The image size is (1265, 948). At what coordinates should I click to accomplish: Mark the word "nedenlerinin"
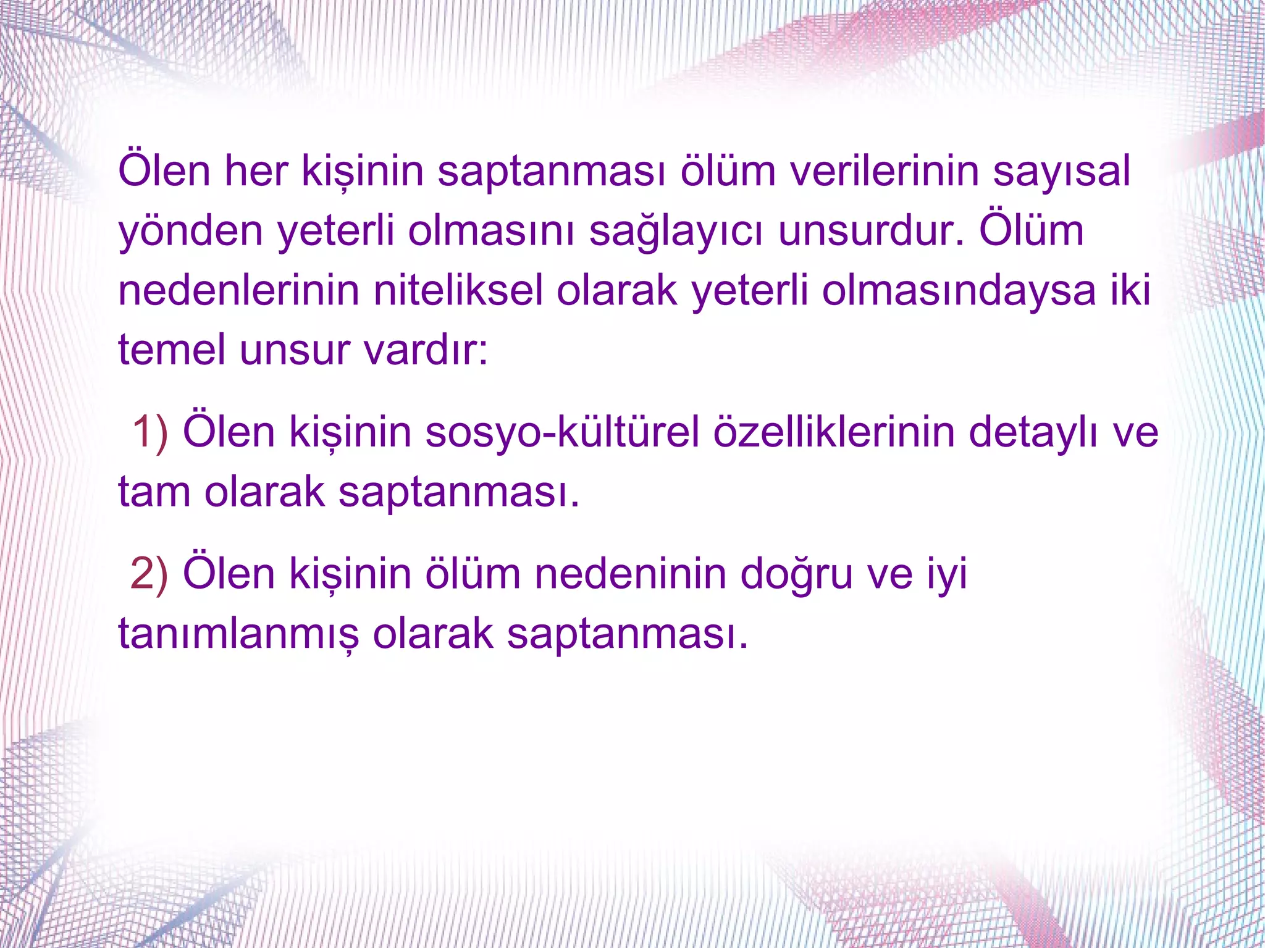238,290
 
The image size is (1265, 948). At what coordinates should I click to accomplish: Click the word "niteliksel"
458,290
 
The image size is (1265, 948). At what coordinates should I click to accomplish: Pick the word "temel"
172,350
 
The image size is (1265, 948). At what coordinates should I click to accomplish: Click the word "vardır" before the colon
420,350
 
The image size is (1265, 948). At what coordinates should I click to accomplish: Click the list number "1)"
150,432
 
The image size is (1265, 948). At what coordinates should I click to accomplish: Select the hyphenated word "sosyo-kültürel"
562,432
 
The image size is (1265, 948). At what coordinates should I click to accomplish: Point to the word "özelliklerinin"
833,432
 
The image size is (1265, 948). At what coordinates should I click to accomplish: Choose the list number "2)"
149,574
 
